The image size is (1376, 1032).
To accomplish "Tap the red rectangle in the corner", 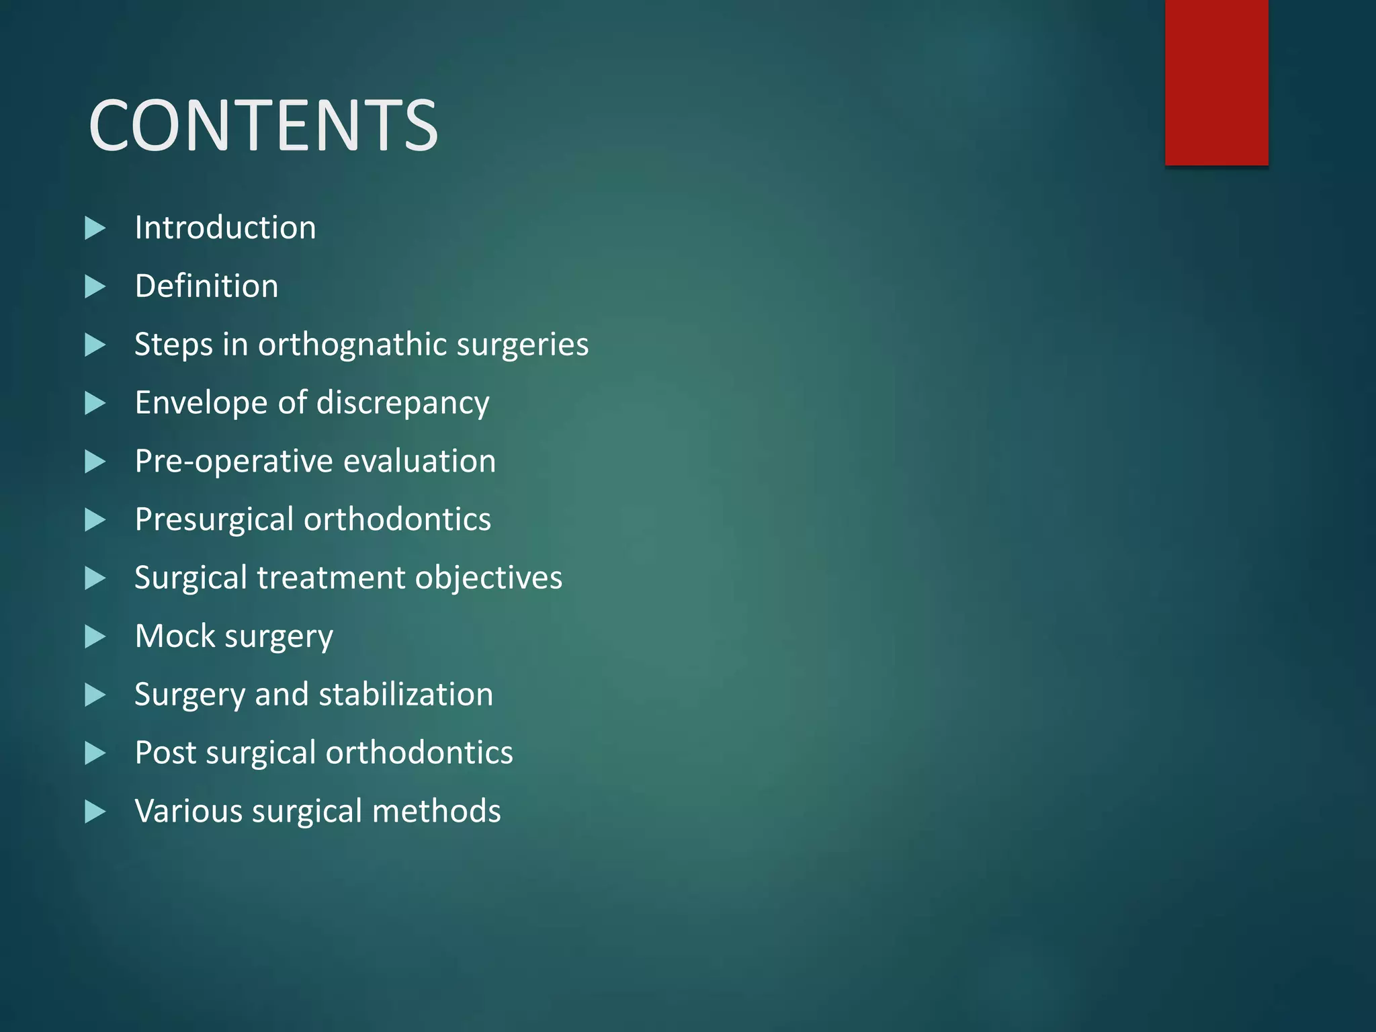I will pyautogui.click(x=1216, y=82).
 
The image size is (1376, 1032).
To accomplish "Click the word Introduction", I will pyautogui.click(x=225, y=228).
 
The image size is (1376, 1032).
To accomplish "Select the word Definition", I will pyautogui.click(x=206, y=286).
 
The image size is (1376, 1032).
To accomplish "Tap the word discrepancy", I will pyautogui.click(x=402, y=403).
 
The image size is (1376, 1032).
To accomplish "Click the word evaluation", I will pyautogui.click(x=419, y=462).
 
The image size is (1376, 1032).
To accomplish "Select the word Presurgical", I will pyautogui.click(x=214, y=520).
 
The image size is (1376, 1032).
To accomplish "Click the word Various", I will pyautogui.click(x=189, y=812).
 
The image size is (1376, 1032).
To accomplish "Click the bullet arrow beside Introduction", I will pyautogui.click(x=95, y=228).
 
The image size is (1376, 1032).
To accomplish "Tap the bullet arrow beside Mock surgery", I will pyautogui.click(x=95, y=637).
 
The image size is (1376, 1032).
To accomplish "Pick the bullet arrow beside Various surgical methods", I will pyautogui.click(x=95, y=812).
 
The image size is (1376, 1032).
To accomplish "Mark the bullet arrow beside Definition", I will pyautogui.click(x=95, y=287).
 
